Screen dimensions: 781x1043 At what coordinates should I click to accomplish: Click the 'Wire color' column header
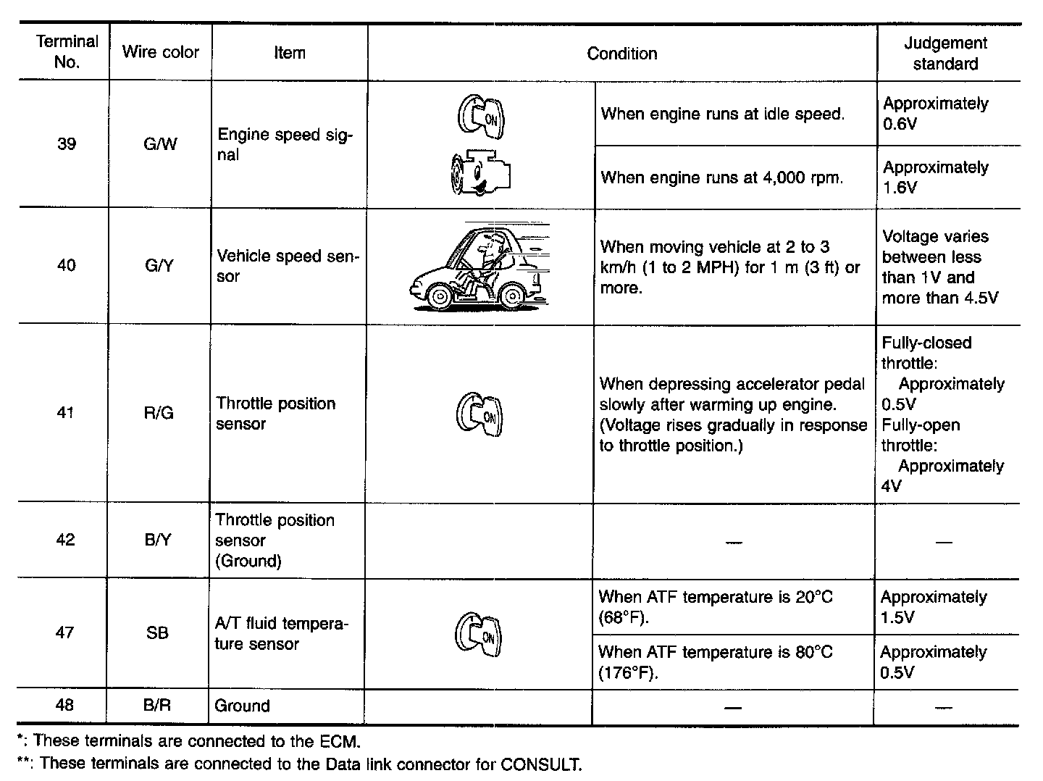pos(160,52)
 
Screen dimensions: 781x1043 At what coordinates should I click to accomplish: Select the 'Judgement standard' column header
pos(945,54)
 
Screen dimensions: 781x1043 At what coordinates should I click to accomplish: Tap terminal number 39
pos(66,144)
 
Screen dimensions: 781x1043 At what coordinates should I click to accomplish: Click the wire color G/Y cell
pos(159,266)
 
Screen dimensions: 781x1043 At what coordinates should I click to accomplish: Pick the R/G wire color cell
pos(159,413)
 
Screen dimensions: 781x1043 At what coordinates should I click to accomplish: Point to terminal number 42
pos(65,540)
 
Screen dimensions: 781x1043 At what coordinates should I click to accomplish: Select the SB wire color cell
pos(157,632)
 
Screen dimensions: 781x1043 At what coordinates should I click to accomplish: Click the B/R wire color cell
pos(157,705)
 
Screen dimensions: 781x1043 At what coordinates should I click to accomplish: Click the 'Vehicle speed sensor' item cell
pos(287,266)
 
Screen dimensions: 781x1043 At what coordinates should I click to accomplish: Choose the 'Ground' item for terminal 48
pos(243,706)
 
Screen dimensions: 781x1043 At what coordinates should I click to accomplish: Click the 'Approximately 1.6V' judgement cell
pos(935,177)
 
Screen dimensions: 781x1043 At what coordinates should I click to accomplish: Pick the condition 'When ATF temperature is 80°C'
pos(715,661)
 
